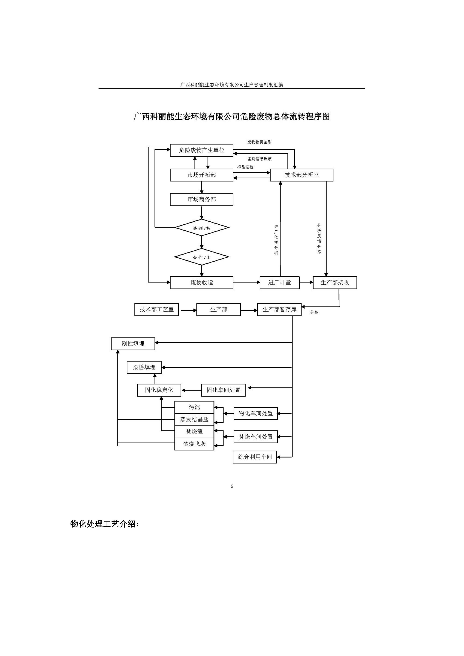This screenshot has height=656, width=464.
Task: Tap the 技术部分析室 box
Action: tap(301, 175)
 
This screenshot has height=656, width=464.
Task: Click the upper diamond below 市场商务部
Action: tap(202, 228)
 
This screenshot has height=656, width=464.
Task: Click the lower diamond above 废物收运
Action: tap(202, 257)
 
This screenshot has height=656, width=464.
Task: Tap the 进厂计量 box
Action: tap(279, 283)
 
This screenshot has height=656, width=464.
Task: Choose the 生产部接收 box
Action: tap(335, 283)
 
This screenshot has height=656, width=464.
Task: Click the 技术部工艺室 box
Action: tap(157, 309)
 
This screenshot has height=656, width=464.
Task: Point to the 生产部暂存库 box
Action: tap(279, 309)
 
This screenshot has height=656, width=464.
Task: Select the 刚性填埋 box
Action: tap(133, 344)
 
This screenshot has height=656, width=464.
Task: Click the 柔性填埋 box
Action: tap(144, 367)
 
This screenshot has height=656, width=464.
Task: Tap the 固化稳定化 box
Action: tap(159, 390)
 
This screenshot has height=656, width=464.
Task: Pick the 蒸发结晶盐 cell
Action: tap(194, 419)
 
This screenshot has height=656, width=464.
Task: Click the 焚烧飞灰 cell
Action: tap(194, 444)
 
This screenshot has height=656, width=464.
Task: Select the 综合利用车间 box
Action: tap(255, 457)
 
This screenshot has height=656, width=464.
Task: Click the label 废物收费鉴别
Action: tap(259, 142)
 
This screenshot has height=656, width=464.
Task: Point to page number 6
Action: tap(232, 486)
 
